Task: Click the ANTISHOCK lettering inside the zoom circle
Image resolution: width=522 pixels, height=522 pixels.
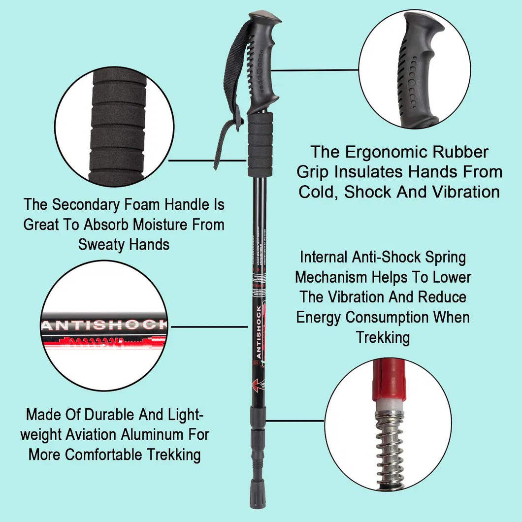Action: (103, 325)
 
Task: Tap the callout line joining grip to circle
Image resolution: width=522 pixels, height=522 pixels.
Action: (315, 70)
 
